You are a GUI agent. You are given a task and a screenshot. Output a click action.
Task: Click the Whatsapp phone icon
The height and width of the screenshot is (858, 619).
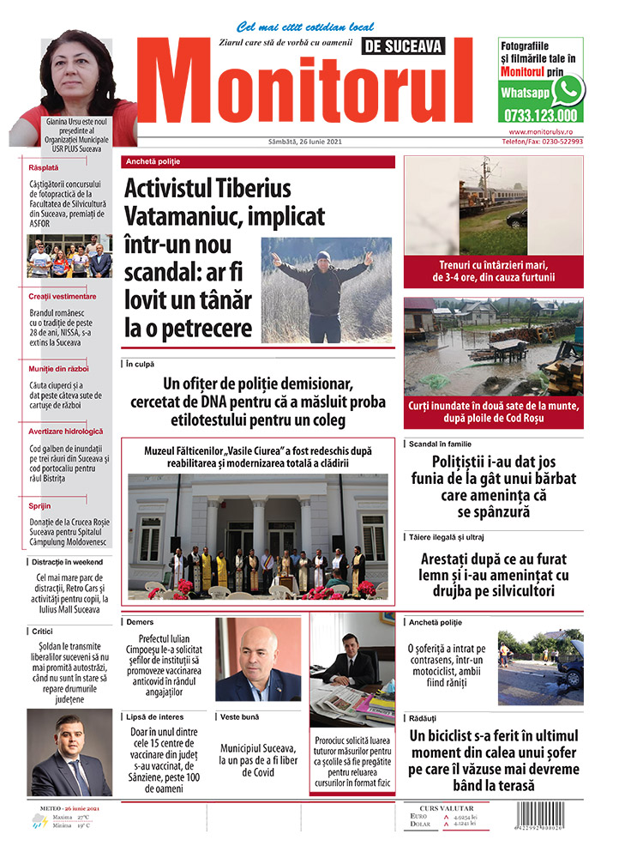568,89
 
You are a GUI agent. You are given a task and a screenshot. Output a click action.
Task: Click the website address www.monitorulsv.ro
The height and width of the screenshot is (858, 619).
545,131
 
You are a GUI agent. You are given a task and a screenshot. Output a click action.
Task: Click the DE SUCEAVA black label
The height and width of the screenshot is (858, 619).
405,47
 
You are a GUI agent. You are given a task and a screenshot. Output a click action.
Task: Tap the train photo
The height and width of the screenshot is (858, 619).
493,206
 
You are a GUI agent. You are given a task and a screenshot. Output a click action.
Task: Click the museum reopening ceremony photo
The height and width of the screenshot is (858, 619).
258,535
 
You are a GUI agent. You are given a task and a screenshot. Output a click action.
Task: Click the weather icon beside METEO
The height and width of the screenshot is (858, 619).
39,822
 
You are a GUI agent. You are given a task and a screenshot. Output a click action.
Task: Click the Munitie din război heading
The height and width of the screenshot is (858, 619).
58,368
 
